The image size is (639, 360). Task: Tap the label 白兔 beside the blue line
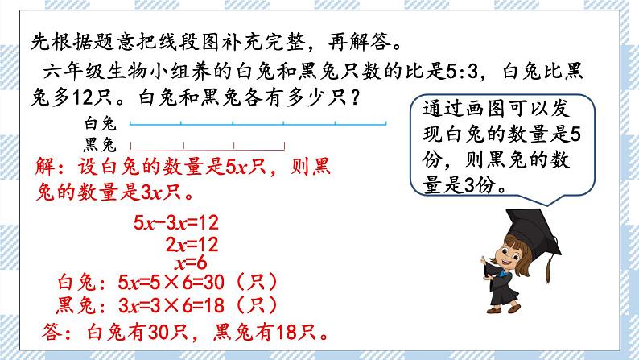[x=101, y=124]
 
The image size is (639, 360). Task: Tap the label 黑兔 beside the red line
[x=101, y=145]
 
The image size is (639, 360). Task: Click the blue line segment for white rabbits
[x=258, y=124]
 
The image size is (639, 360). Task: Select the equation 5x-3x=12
[x=175, y=223]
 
